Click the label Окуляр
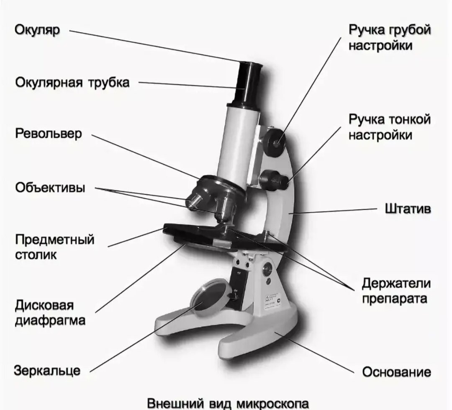tap(37, 30)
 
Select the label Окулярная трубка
tap(72, 82)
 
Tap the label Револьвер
tap(49, 134)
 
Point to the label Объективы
tap(50, 187)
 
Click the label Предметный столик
tap(54, 247)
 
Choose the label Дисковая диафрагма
tap(50, 312)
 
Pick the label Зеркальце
tap(47, 370)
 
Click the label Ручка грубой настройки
tap(389, 37)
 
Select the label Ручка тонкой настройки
tap(389, 127)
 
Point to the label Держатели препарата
tap(396, 291)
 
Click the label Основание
tap(396, 372)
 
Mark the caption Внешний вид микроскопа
tap(228, 403)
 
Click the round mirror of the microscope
tap(209, 299)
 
